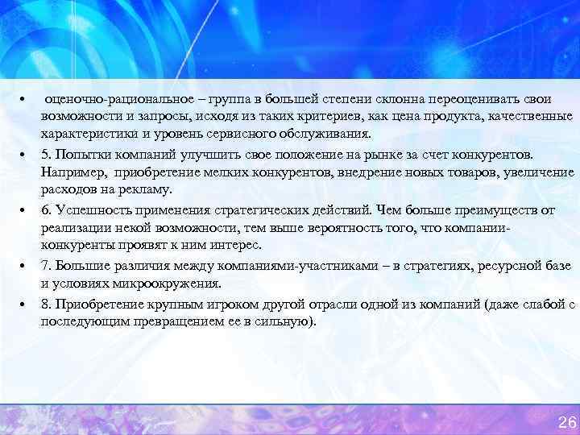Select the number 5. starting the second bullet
[46, 153]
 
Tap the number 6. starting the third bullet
[46, 209]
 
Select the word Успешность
[89, 209]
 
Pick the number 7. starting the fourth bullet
[46, 265]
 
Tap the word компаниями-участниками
[282, 265]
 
